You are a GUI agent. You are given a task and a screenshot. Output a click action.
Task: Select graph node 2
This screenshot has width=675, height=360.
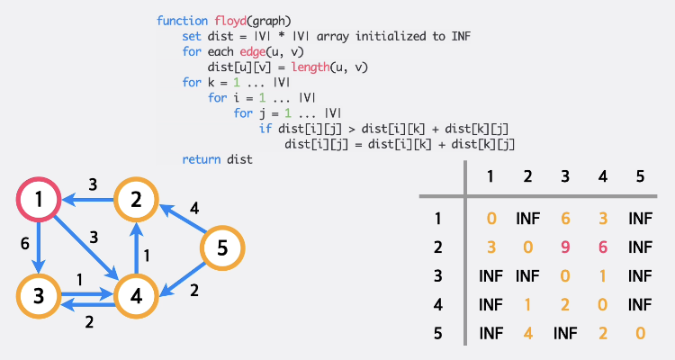point(136,201)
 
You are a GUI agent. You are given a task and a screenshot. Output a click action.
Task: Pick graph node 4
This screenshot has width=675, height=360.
point(136,294)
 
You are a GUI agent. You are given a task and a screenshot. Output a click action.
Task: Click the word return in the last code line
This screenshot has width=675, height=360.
point(202,159)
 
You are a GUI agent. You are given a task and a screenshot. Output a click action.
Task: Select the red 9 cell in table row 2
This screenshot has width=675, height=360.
point(564,245)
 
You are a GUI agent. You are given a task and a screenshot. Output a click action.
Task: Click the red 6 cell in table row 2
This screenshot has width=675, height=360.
point(602,245)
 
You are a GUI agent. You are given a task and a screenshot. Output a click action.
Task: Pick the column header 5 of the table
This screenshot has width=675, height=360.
point(640,177)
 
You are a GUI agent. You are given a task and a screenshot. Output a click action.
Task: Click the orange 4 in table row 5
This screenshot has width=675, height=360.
point(527,332)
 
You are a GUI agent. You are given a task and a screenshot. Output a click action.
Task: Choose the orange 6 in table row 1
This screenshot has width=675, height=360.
point(564,217)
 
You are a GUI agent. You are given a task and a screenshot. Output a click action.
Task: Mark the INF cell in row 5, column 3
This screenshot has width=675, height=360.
point(564,332)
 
